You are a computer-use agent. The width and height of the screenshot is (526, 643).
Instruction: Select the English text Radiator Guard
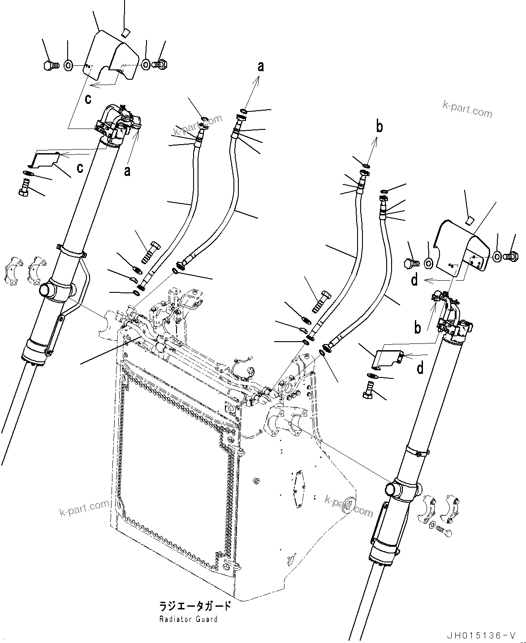188,619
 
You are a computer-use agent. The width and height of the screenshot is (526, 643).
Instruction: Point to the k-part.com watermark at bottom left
84,508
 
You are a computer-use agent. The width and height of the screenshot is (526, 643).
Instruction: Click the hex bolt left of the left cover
51,65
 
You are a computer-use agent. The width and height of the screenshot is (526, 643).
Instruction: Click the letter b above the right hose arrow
379,127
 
